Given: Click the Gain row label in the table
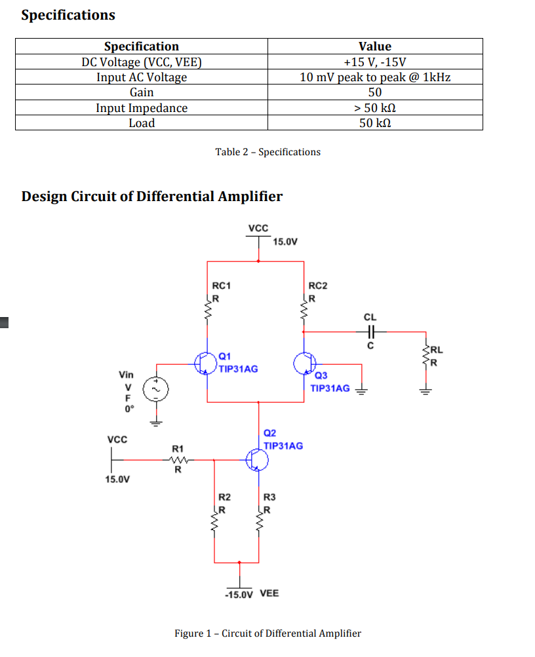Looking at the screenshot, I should pos(142,92).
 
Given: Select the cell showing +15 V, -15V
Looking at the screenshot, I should pos(375,62).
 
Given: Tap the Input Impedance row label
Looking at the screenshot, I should pos(142,108).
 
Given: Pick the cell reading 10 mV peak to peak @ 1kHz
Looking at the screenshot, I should pos(375,77).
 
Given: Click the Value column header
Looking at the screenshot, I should pos(375,47).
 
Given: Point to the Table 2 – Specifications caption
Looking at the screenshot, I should pos(268,152).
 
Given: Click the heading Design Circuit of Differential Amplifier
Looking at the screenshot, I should pos(152,197).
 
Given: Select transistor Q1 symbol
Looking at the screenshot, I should pos(205,362).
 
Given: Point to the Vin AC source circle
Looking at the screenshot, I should pos(156,388).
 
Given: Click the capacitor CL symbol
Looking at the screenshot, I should pos(370,331).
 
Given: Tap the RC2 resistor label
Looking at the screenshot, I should pos(317,286).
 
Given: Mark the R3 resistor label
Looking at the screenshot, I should pos(269,498).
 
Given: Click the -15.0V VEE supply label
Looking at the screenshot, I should pos(251,593).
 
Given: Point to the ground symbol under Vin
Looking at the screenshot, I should pos(156,422).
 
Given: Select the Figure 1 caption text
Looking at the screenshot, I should pos(267,633).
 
